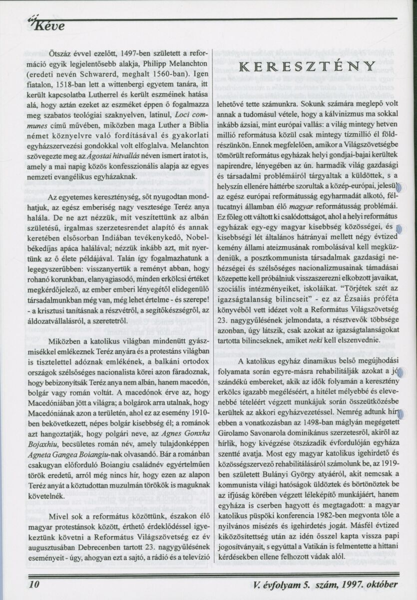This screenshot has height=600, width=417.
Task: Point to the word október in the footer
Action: pyautogui.click(x=380, y=584)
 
